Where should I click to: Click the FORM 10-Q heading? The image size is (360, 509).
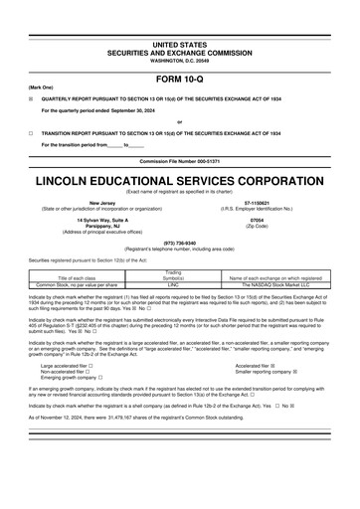coord(180,79)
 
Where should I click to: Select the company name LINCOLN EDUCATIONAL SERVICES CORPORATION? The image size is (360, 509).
coord(180,182)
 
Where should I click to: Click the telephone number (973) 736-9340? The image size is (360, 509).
coord(180,242)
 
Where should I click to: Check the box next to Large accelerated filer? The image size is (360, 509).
coord(91,366)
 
